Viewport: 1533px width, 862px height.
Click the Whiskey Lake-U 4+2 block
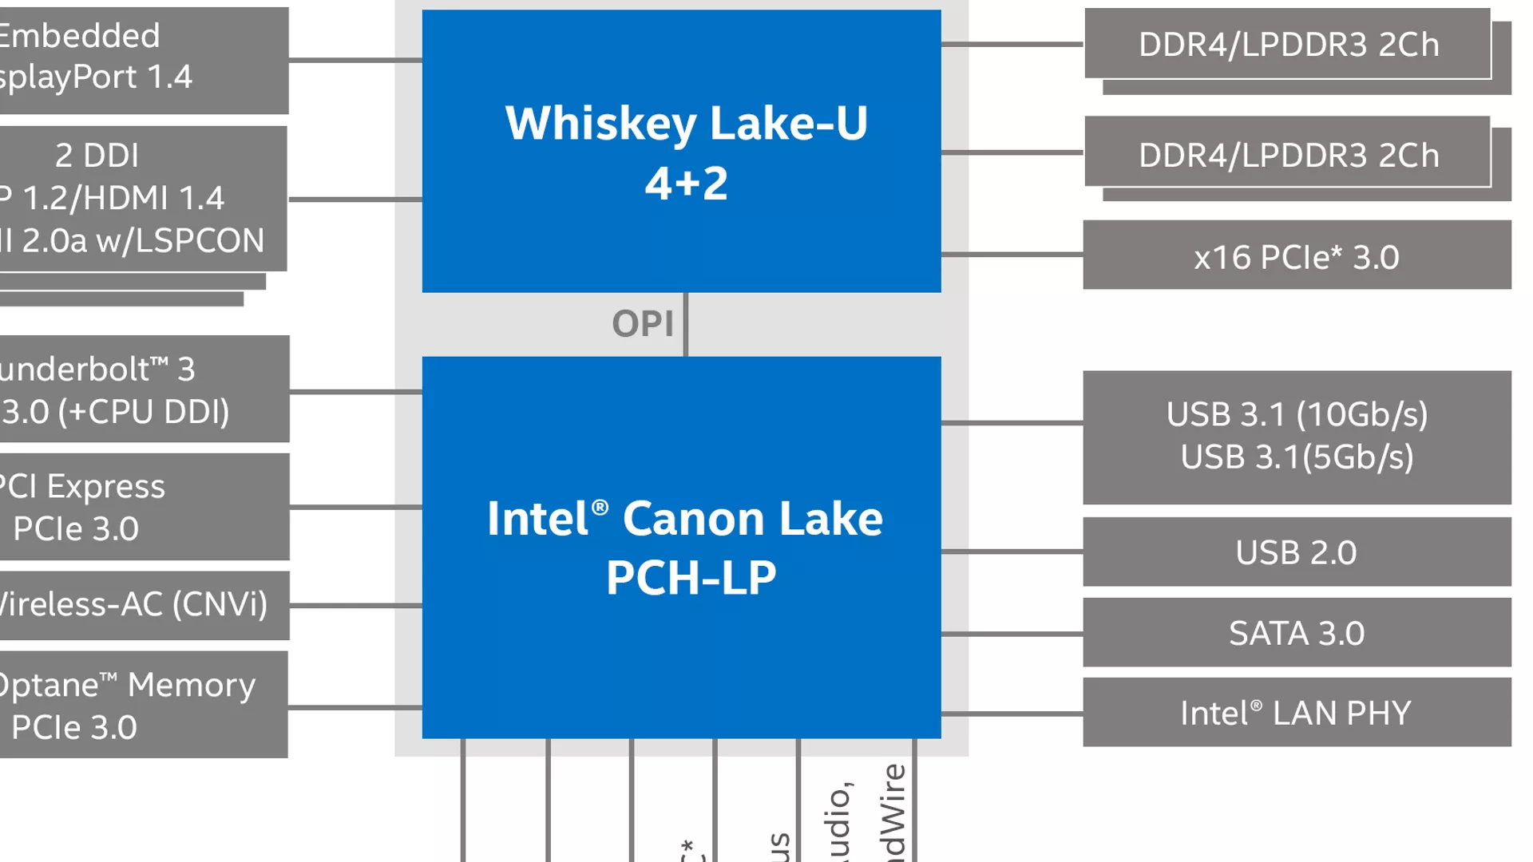[x=681, y=152]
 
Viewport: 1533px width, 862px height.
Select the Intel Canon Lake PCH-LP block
[x=681, y=548]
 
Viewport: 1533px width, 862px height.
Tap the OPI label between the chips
[x=643, y=324]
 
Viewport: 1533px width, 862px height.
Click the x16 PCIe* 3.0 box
[x=1297, y=255]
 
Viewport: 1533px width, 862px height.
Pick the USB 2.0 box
[x=1297, y=552]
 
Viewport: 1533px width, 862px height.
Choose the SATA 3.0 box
[x=1297, y=632]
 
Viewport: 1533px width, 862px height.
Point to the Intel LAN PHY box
[x=1297, y=712]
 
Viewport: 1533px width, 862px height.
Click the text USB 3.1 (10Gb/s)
[x=1297, y=414]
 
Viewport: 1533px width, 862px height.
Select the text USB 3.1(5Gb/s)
[x=1297, y=457]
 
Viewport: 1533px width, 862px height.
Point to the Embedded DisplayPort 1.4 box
[x=144, y=60]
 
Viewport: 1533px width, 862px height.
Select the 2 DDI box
[x=144, y=198]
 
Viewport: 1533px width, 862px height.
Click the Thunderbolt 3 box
[x=144, y=389]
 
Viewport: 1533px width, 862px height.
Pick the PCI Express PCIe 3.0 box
[x=144, y=507]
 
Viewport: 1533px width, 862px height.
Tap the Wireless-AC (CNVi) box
[x=144, y=605]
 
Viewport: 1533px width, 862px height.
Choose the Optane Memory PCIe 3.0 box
[x=144, y=705]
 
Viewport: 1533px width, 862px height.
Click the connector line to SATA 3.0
[x=1012, y=634]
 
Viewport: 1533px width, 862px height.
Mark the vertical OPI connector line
[x=686, y=325]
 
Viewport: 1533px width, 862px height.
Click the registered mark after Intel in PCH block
[x=600, y=506]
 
